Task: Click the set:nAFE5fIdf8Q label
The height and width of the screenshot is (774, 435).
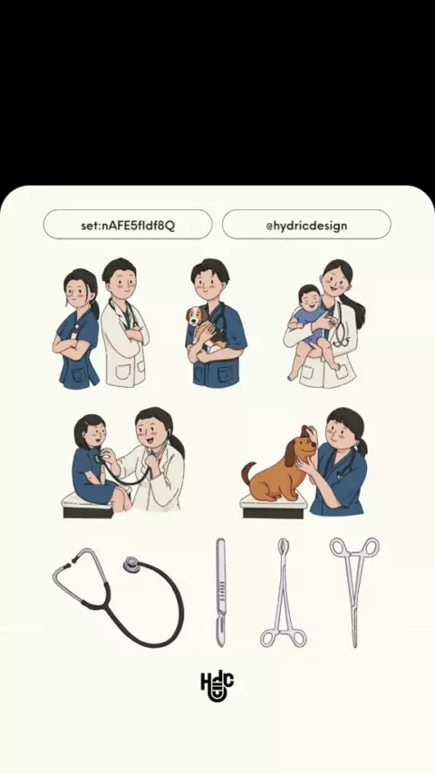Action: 128,226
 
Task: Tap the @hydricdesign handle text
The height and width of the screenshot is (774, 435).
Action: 306,226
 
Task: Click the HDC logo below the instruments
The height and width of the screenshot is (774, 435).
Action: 217,686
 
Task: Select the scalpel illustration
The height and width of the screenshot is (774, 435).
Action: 221,593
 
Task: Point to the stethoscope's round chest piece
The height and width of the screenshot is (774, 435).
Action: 131,565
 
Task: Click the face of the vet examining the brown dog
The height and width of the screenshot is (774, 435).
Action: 343,434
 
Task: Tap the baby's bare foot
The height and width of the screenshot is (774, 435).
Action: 294,375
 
